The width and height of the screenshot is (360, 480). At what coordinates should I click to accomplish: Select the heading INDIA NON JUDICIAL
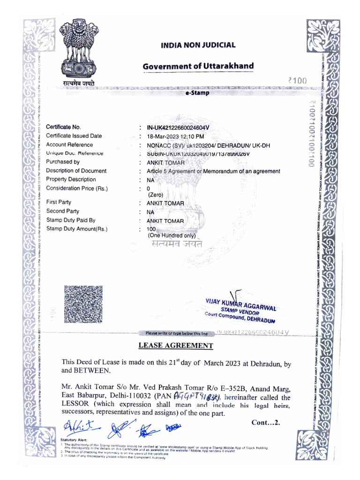click(198, 45)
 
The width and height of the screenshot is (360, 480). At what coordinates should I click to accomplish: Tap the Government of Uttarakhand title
click(198, 66)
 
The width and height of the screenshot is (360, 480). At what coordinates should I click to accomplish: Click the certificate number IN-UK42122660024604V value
click(178, 127)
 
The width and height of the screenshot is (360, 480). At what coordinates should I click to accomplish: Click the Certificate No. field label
click(63, 127)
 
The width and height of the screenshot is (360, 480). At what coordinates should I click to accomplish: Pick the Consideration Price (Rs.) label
click(77, 188)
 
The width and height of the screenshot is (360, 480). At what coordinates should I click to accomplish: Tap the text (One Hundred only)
click(171, 235)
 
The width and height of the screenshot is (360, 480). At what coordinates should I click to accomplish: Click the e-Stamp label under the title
click(197, 93)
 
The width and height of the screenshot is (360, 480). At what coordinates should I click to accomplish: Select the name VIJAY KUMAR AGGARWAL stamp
click(240, 304)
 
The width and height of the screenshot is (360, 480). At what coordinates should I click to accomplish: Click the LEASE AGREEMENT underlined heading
click(175, 346)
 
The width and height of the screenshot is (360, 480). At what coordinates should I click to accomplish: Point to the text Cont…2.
click(266, 422)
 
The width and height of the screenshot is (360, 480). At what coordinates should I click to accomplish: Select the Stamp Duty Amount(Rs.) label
click(77, 229)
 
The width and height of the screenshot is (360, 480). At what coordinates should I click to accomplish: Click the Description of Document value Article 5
click(213, 171)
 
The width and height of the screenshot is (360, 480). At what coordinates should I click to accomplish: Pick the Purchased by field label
click(66, 162)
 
